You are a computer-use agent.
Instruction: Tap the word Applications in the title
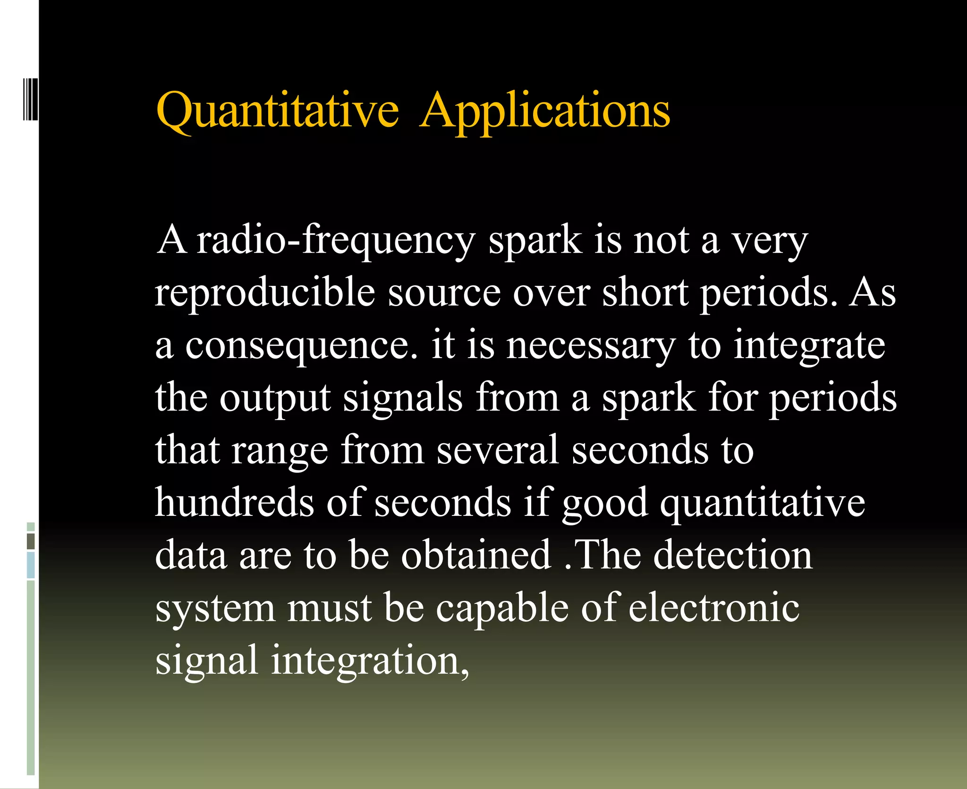tap(545, 111)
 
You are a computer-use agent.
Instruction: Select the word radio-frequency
tap(336, 240)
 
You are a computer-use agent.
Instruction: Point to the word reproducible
tap(265, 293)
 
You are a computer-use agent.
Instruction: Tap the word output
tap(275, 398)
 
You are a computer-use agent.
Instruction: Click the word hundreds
tap(234, 503)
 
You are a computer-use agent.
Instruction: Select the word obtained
tap(476, 555)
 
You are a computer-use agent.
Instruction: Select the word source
tap(444, 293)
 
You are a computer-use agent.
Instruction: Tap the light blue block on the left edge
tap(31, 565)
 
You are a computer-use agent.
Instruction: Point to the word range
tap(280, 450)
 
